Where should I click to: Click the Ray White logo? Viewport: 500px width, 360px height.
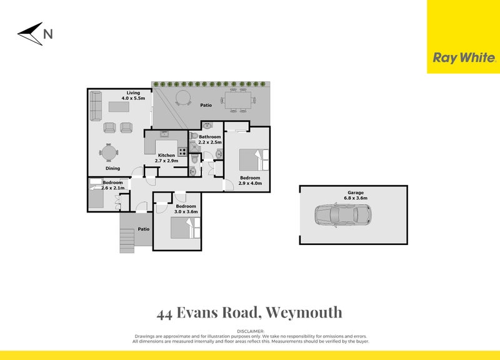pyautogui.click(x=464, y=57)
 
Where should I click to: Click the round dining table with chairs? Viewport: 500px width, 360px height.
pyautogui.click(x=109, y=152)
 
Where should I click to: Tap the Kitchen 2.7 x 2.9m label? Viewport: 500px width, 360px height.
pyautogui.click(x=166, y=157)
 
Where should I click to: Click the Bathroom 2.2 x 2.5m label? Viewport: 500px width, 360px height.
pyautogui.click(x=210, y=139)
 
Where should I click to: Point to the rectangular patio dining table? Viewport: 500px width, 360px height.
pyautogui.click(x=238, y=100)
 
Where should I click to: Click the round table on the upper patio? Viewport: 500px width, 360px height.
pyautogui.click(x=183, y=97)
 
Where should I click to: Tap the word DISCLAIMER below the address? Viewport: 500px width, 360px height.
pyautogui.click(x=251, y=331)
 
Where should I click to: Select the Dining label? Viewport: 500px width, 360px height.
pyautogui.click(x=112, y=168)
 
